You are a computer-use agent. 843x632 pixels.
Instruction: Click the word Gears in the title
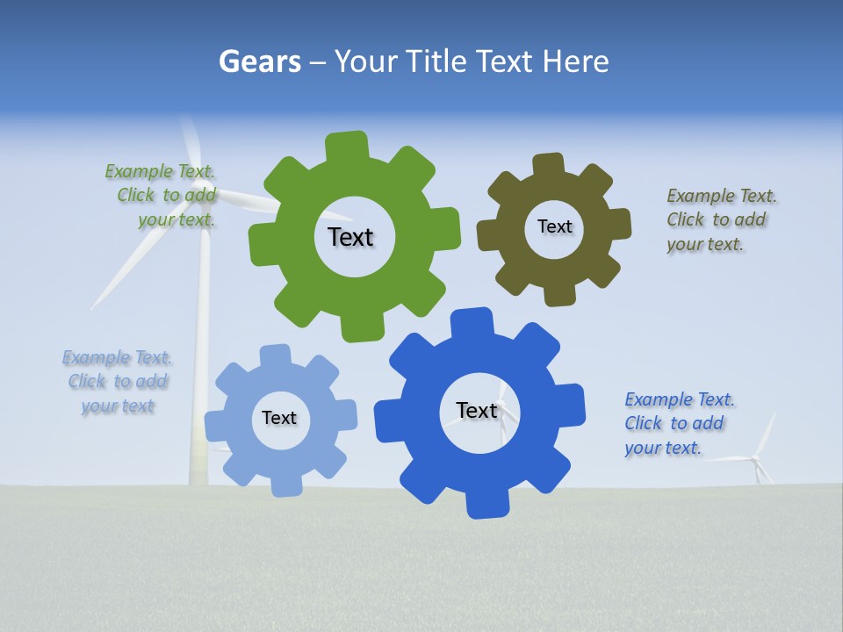pos(260,61)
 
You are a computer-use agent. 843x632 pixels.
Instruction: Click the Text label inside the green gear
pos(350,237)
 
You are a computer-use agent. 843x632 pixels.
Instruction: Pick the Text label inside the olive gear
pos(554,226)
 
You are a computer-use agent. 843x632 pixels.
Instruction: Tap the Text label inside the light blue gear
pos(279,418)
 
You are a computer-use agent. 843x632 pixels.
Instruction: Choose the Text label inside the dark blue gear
pos(477,410)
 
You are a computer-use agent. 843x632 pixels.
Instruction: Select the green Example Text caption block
pos(161,196)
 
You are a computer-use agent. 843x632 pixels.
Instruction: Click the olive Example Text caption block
pos(721,219)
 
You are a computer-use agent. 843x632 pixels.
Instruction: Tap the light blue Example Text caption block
pos(118,382)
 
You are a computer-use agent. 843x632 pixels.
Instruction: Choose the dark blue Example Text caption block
pos(679,423)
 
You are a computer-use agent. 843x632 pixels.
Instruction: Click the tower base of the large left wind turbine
pos(199,470)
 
